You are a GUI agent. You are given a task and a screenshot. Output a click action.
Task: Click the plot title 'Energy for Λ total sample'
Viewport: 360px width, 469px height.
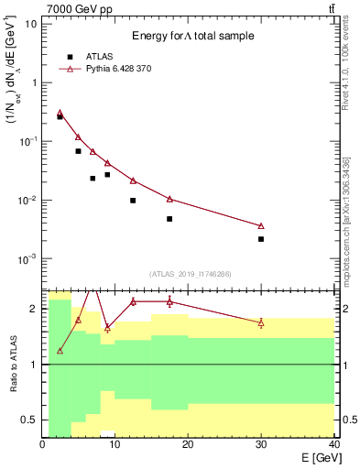[191, 36]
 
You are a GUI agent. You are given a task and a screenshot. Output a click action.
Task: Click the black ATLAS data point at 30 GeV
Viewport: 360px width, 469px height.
[261, 239]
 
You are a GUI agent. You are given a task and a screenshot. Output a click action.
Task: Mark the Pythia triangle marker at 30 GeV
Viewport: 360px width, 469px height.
[261, 225]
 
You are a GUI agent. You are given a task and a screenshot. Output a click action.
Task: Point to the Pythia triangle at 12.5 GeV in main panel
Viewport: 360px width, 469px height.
[133, 180]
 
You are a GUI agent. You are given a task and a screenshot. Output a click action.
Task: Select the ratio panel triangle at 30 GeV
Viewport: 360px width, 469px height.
[261, 322]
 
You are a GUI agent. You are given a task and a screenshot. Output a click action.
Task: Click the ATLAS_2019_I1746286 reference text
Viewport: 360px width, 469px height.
[190, 273]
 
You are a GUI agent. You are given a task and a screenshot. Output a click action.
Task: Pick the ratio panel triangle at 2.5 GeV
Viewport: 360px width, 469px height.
[60, 351]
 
